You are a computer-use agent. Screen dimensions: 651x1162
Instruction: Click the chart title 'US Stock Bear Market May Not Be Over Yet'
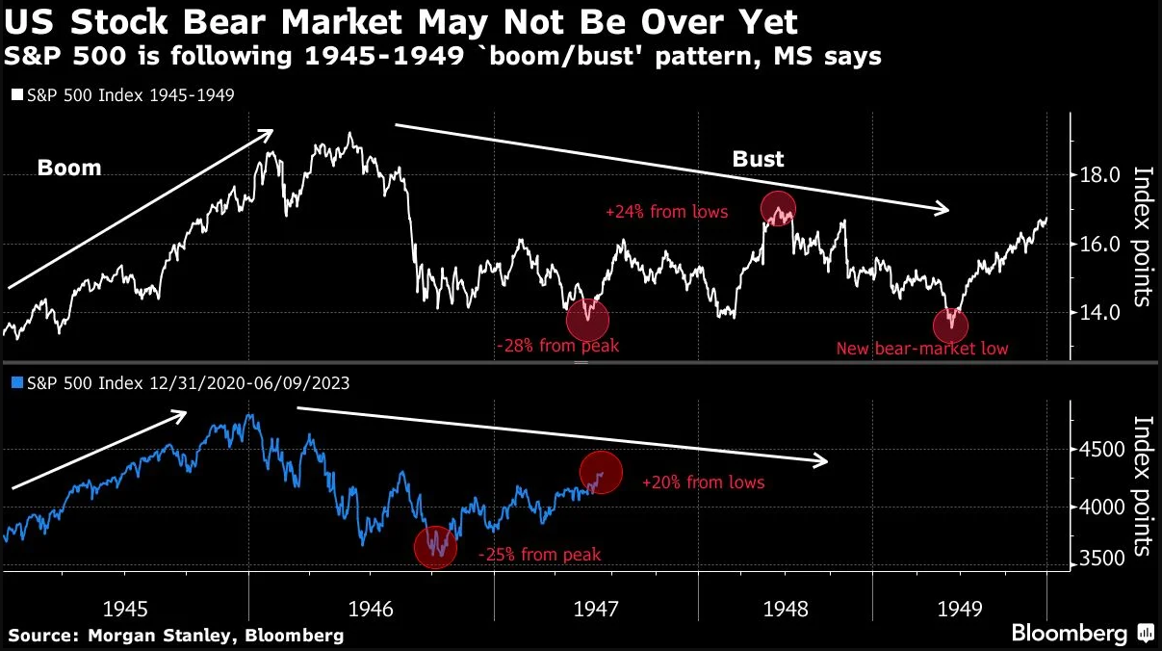coord(400,22)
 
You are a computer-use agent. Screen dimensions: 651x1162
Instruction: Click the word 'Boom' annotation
coord(69,169)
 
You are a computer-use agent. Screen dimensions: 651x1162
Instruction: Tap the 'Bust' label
coord(759,159)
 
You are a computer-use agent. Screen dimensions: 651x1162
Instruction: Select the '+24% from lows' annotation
coord(666,212)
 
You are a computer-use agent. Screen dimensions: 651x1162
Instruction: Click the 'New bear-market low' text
coord(921,349)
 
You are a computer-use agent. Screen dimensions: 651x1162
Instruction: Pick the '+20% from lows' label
coord(703,482)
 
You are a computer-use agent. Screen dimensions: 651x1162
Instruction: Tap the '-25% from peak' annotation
coord(539,555)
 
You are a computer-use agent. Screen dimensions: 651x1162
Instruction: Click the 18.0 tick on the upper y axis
coord(1099,175)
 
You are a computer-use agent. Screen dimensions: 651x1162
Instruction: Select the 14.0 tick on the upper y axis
coord(1099,312)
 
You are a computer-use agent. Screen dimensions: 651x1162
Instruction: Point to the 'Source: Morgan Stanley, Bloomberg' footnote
coord(175,636)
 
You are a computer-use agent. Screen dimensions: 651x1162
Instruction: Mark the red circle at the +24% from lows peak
coord(778,207)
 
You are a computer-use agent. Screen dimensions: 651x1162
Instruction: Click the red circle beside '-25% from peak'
coord(436,546)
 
